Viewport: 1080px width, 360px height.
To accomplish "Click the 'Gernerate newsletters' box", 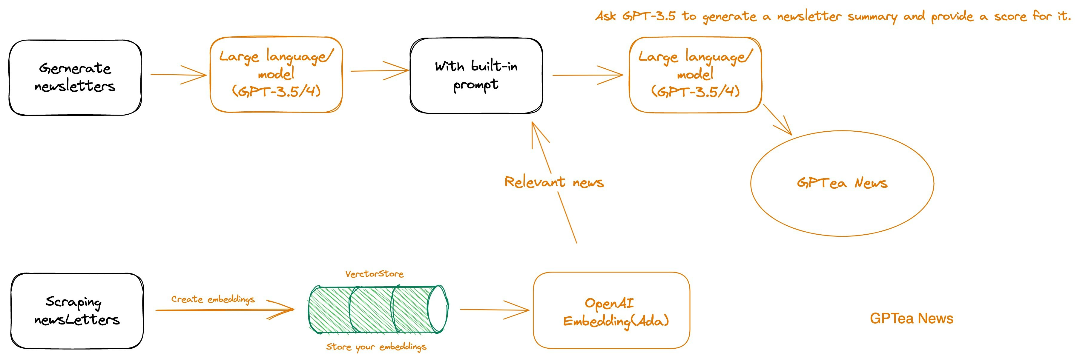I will [75, 78].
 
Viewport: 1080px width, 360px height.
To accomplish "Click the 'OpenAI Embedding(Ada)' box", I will [611, 310].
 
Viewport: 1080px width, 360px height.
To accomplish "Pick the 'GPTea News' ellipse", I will [842, 183].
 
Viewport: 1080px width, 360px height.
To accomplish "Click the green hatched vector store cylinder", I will [377, 309].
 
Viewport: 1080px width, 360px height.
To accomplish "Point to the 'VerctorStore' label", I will [375, 274].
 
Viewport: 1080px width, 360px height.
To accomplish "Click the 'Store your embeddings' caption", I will [376, 347].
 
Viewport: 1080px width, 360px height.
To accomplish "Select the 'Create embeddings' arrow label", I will [213, 299].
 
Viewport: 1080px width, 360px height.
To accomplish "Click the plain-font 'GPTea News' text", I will [912, 319].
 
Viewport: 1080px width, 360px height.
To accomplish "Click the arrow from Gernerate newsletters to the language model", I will [178, 75].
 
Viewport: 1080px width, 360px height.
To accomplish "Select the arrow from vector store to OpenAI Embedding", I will [495, 310].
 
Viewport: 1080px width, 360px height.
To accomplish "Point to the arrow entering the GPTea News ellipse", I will [778, 119].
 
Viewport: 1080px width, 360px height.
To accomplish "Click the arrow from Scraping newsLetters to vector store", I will [224, 310].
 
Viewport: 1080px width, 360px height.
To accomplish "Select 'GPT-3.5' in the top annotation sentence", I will [649, 16].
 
